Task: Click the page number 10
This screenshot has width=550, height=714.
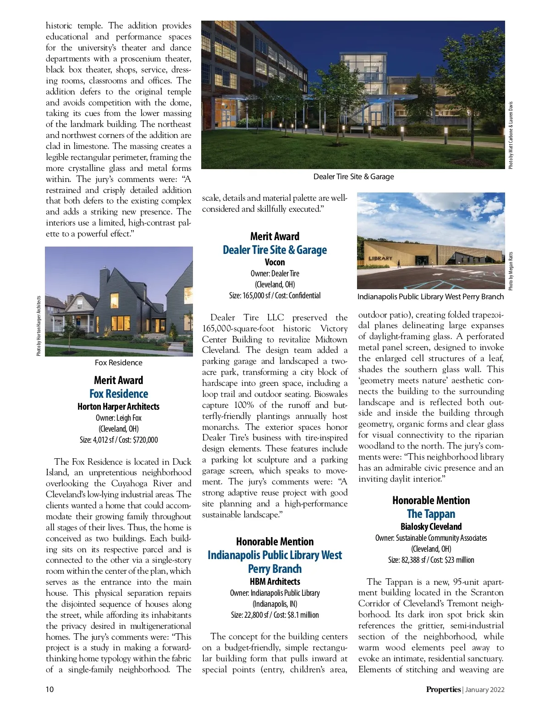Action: coord(49,689)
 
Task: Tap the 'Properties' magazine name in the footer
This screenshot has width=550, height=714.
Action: coord(443,689)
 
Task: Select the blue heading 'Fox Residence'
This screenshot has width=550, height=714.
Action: coord(119,394)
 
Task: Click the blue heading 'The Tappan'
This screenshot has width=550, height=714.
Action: coord(431,514)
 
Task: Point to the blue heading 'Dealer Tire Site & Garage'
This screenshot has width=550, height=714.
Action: coord(275,250)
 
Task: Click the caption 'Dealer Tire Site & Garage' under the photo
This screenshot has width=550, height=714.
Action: coord(353,176)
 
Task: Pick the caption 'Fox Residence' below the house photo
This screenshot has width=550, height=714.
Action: coord(118,362)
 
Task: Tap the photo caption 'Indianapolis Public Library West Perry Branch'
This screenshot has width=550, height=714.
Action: coord(430,297)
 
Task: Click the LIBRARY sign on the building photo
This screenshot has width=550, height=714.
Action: coord(380,258)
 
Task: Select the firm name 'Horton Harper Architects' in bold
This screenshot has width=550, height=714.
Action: coord(119,406)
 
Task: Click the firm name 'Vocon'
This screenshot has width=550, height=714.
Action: coord(275,262)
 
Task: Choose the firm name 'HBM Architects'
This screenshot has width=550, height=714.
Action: coord(275,582)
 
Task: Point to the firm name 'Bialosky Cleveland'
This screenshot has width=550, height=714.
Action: coord(431,527)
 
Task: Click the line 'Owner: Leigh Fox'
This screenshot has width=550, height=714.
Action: coord(119,417)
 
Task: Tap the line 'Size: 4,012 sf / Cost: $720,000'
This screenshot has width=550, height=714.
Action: coord(119,439)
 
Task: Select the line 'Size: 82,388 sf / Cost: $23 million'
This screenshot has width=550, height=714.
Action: coord(431,560)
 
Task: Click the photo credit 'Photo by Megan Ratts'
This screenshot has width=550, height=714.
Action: coord(511,270)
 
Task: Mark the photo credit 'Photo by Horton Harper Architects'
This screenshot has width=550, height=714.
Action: coord(39,325)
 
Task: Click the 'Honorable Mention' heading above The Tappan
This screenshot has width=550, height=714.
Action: coord(431,500)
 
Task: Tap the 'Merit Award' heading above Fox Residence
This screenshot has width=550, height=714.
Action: coord(119,380)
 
